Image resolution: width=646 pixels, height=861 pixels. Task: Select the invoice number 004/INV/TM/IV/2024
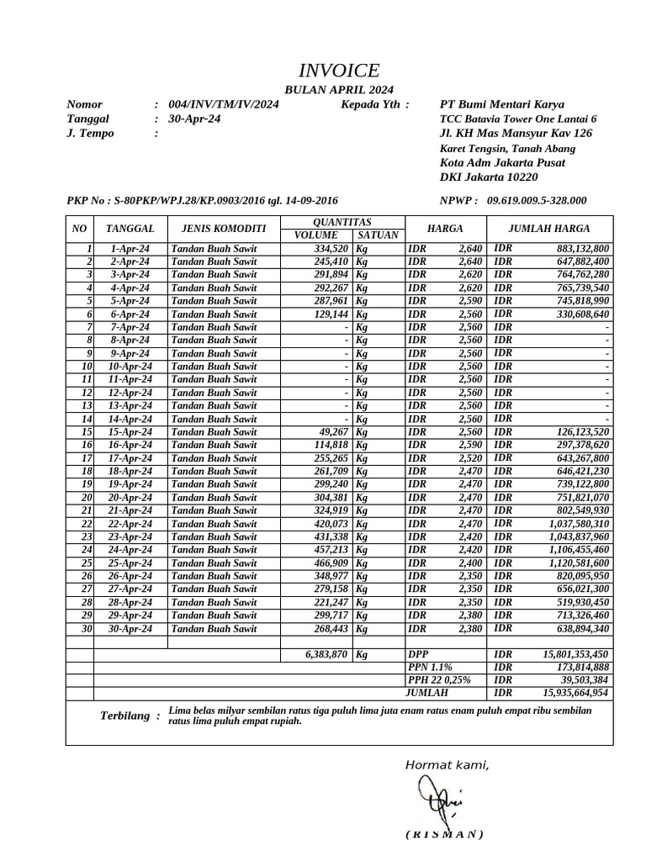(x=224, y=104)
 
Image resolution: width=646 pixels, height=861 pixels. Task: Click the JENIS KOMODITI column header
(x=217, y=229)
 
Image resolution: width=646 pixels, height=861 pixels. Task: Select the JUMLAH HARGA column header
(x=549, y=229)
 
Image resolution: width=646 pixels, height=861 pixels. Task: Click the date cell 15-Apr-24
(x=130, y=432)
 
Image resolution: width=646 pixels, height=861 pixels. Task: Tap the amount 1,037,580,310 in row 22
(x=579, y=524)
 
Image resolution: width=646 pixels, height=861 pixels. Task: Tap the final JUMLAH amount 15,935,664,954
(x=575, y=694)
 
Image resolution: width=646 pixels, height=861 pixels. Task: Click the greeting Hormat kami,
(x=447, y=764)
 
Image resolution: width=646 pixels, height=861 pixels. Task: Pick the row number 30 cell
(x=85, y=629)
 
